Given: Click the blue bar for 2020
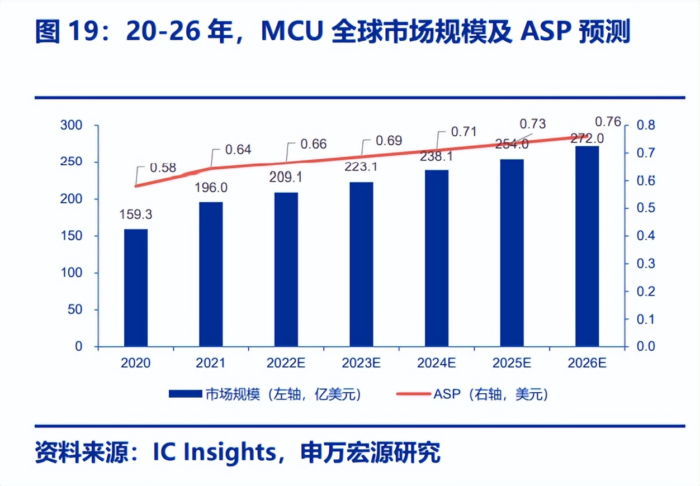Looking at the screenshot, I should point(136,288).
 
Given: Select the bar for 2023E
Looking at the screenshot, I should point(361,264).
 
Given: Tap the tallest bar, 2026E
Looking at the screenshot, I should point(587,246).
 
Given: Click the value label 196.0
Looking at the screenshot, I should point(210,187).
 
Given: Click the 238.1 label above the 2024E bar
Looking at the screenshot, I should point(436,157).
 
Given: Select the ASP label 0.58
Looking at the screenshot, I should point(163,166).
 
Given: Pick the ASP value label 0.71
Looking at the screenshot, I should point(464,132).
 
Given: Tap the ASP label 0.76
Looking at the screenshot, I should point(608,121).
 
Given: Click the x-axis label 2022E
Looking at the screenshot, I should point(286,363).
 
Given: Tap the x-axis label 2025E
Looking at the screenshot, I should point(512,363).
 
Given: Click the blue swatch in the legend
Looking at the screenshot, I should point(185,394).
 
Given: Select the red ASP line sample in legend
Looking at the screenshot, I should point(413,394).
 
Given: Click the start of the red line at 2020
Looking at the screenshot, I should point(136,186).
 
